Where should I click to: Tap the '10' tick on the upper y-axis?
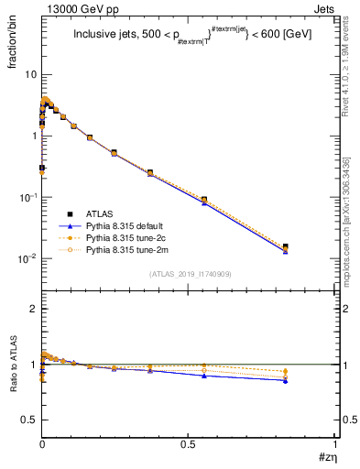[x=29, y=74]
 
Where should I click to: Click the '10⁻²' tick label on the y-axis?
[x=27, y=259]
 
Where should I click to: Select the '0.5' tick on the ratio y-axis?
[x=29, y=420]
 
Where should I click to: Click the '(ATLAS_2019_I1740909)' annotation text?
[x=189, y=275]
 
